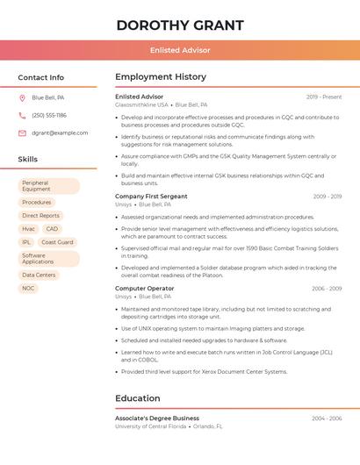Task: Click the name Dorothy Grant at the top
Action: pos(179,24)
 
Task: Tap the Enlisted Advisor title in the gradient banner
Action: pos(179,50)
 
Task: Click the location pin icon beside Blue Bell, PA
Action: pos(22,97)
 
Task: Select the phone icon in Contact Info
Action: pos(22,115)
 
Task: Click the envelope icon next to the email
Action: pos(22,132)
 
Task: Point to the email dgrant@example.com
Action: pos(60,132)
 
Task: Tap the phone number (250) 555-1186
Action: pos(49,115)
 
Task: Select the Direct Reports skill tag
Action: pos(41,215)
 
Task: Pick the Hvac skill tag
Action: pos(29,228)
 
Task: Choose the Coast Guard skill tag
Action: pos(57,242)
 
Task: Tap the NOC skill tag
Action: pos(29,288)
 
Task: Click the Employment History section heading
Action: pos(161,77)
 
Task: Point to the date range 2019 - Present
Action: pos(323,97)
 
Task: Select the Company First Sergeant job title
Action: pos(151,197)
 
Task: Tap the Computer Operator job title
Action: pos(144,289)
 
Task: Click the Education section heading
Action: pos(137,398)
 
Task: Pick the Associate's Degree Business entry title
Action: pos(157,418)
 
